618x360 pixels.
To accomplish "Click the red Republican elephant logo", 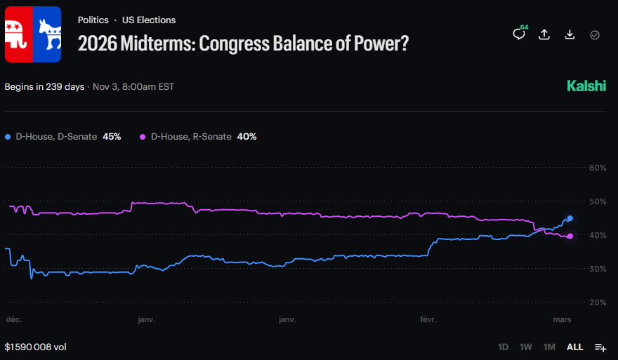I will (x=18, y=35).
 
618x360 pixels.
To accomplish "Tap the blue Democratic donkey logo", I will (x=48, y=35).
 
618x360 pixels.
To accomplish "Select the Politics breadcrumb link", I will (x=93, y=20).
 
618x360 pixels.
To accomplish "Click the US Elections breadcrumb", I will (x=149, y=20).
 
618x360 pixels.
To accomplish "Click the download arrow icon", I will (x=570, y=34).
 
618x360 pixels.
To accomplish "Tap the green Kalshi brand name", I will (x=586, y=86).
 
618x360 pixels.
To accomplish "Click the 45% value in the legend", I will (x=112, y=136).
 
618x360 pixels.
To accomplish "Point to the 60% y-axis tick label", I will (x=597, y=168).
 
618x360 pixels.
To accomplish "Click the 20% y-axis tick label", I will (x=597, y=302).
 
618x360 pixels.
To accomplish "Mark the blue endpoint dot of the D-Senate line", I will (x=570, y=218).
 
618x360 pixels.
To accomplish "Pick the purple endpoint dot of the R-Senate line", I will (x=570, y=236).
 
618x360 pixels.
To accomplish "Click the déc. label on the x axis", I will (x=14, y=319).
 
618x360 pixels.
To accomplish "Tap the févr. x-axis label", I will (x=427, y=319).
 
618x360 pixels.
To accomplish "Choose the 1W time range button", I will (x=526, y=347).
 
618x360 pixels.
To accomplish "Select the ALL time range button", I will (x=574, y=347).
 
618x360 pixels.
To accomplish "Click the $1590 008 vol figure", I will (x=36, y=347).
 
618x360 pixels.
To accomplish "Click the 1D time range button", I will (x=504, y=347).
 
